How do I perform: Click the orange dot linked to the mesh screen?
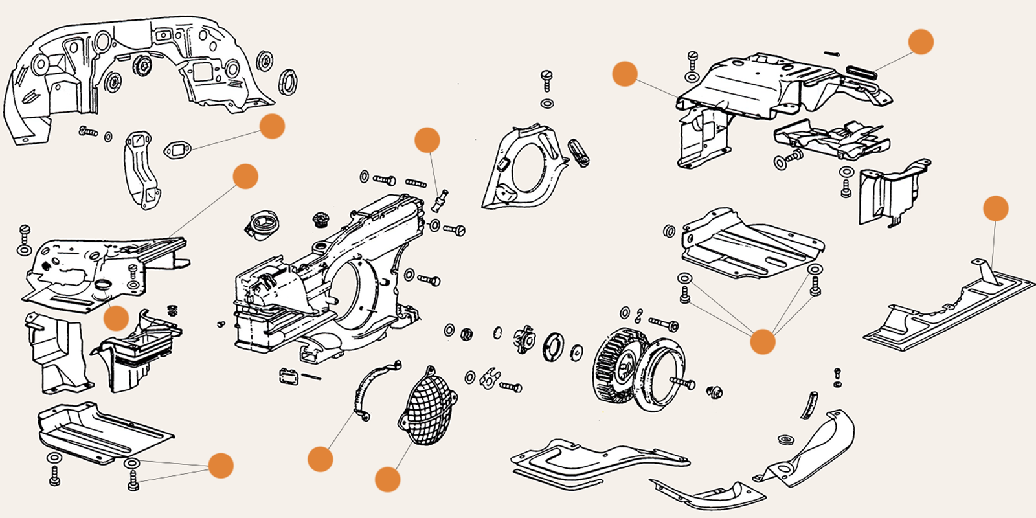click(x=387, y=480)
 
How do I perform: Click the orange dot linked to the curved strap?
click(x=320, y=459)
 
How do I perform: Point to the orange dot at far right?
click(x=995, y=208)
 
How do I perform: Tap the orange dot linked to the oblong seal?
click(x=921, y=41)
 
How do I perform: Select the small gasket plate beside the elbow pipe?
click(x=175, y=152)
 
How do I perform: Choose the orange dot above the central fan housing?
click(x=427, y=140)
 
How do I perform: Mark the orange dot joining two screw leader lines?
click(x=762, y=341)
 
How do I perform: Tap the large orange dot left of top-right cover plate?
click(x=625, y=74)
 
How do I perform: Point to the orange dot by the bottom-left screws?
click(x=220, y=465)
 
